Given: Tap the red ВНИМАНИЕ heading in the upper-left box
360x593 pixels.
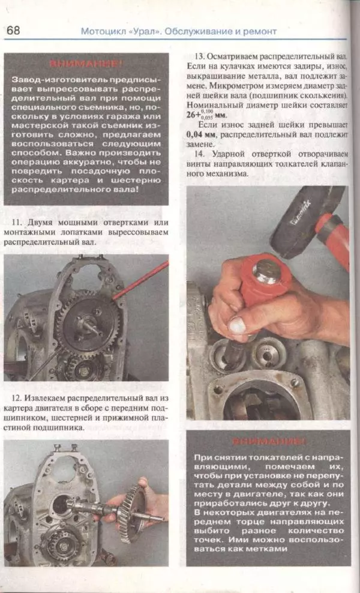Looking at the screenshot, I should (x=86, y=63).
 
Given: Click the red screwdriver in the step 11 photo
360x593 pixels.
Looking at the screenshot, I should (x=139, y=280).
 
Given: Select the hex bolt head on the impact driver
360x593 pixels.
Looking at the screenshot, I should (x=265, y=271).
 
